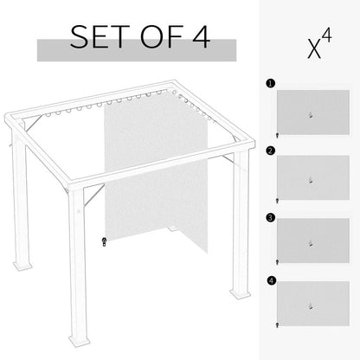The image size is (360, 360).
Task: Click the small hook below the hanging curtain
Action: (x=103, y=241)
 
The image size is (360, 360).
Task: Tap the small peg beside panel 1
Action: (x=275, y=136)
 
